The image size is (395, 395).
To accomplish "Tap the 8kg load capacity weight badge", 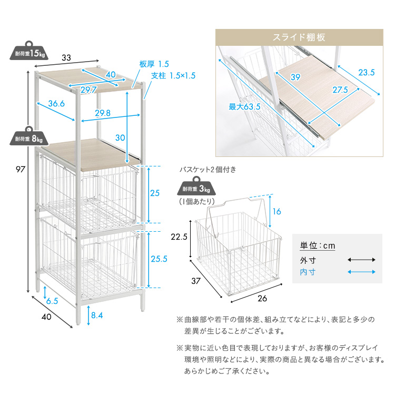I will pos(29,136).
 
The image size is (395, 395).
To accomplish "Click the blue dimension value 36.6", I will pos(56,104).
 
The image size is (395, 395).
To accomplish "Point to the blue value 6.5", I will pos(52,301).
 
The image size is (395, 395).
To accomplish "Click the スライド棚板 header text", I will pos(299,37).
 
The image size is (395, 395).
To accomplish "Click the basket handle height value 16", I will pos(278,211).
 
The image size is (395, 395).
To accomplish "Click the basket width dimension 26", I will pos(262,299).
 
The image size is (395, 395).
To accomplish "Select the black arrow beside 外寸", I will pos(361,260).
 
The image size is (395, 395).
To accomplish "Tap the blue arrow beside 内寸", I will pos(361,272).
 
